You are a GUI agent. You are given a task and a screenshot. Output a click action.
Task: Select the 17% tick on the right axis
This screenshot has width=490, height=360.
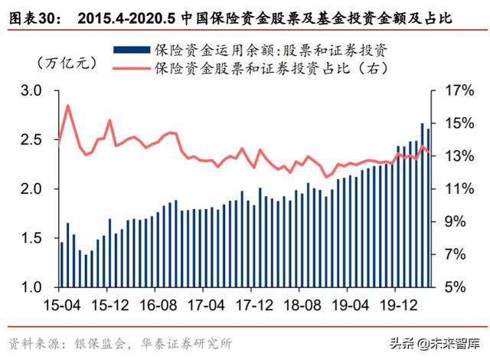tap(456, 91)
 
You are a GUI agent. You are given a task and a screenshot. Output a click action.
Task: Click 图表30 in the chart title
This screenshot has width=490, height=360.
tap(28, 15)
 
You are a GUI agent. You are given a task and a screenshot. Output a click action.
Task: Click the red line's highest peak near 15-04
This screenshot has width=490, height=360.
tap(67, 106)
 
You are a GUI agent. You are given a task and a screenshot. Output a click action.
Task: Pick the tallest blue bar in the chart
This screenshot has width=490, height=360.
tap(422, 205)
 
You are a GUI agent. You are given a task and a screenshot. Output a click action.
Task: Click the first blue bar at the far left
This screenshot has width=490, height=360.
tap(61, 264)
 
